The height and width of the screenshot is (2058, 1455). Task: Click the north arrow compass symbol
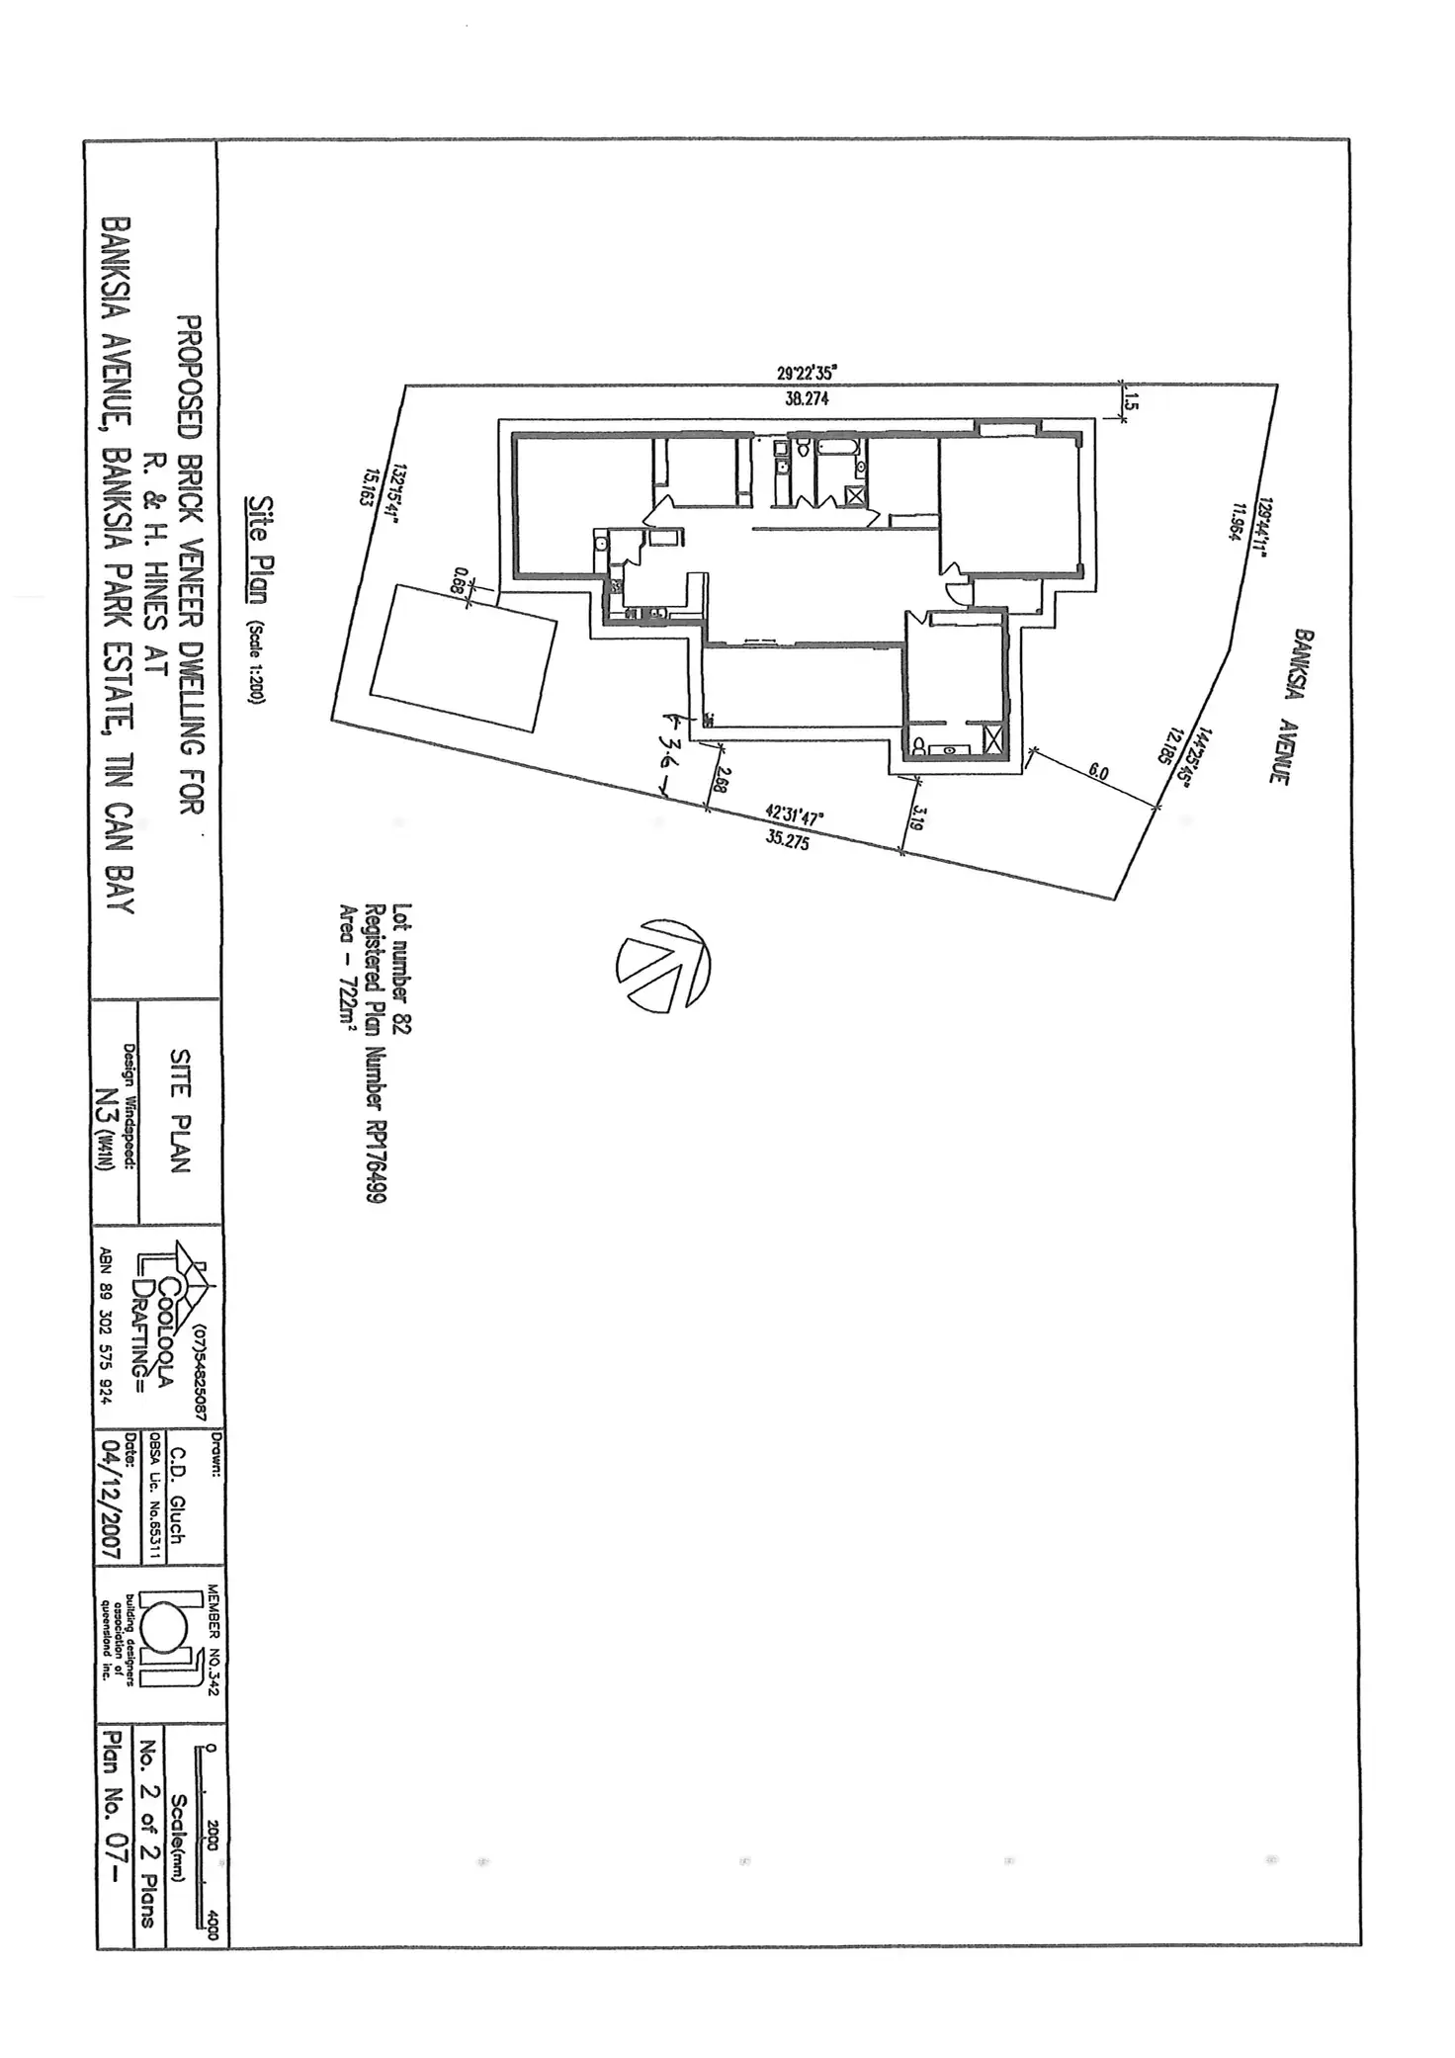[x=663, y=966]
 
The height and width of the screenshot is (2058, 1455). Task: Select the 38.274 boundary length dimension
[x=806, y=399]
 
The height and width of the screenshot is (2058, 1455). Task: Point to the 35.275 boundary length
[x=787, y=841]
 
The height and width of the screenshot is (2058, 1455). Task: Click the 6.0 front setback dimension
[x=1098, y=771]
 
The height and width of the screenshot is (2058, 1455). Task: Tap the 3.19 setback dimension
[x=917, y=816]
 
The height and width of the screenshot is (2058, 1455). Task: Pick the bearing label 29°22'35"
[x=807, y=374]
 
